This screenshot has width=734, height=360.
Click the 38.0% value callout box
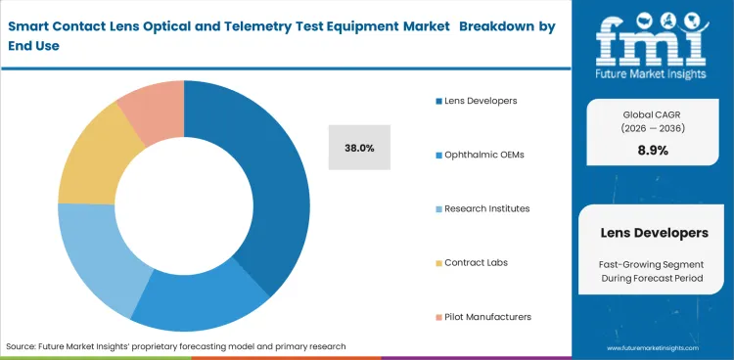point(359,148)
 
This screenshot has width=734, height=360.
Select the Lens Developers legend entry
point(480,101)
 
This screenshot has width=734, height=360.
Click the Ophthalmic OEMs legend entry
point(482,155)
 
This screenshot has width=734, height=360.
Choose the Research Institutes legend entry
point(486,208)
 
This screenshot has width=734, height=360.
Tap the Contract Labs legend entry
point(477,262)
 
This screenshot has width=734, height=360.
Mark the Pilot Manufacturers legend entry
point(486,316)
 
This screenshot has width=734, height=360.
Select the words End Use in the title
point(31,45)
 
